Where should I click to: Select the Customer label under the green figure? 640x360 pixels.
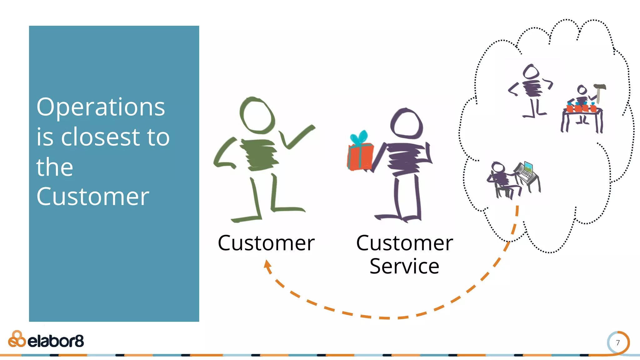(266, 243)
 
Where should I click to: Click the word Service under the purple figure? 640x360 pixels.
(404, 267)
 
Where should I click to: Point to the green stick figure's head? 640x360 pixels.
(257, 115)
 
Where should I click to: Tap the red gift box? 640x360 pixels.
(360, 157)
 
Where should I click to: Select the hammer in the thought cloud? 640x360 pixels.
(599, 91)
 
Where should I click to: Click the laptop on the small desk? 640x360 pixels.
(527, 171)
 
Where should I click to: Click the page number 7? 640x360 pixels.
(617, 343)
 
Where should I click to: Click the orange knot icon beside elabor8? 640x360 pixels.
(17, 339)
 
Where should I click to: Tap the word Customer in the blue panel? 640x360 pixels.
(93, 197)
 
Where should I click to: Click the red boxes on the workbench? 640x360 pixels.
(581, 108)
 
